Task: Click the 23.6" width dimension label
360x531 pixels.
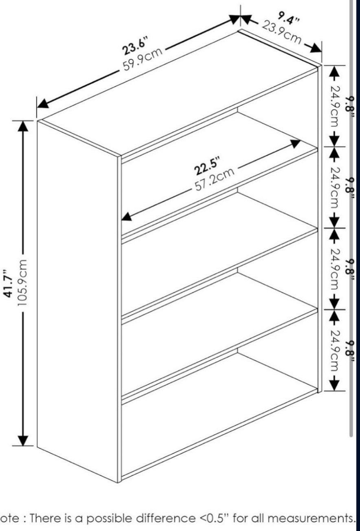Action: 136,45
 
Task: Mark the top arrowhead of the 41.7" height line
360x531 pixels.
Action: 23,126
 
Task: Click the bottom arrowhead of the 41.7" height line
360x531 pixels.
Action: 23,440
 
